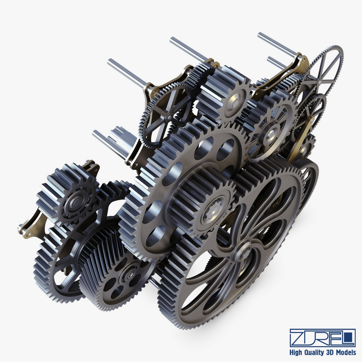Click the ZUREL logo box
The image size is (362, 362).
click(x=322, y=338)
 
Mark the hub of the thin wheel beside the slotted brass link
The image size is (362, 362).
click(x=321, y=81)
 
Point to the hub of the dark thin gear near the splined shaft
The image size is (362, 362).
click(x=167, y=108)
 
